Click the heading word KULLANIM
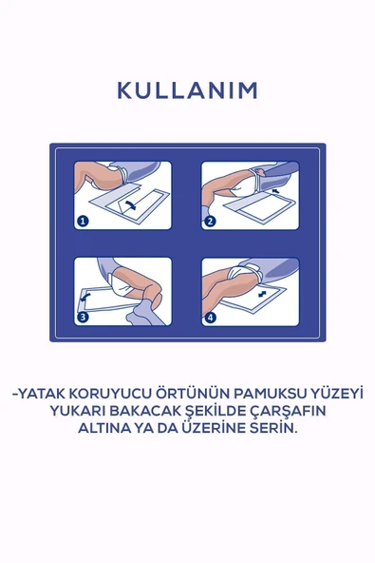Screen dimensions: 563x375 tap(187, 90)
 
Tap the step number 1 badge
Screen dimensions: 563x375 tap(83, 221)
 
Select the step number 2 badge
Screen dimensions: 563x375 tap(210, 221)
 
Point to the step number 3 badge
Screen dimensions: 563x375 tap(83, 318)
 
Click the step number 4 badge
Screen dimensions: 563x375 tap(210, 318)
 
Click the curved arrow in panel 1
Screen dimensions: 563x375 tap(130, 203)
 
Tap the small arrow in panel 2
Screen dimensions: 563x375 tap(274, 192)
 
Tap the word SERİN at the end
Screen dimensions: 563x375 tap(274, 429)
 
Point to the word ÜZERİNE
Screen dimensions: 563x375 tap(216, 429)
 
